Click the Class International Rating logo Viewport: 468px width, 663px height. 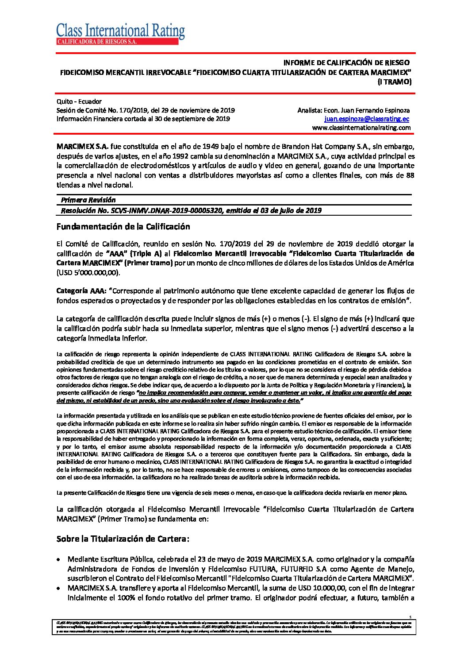(x=120, y=34)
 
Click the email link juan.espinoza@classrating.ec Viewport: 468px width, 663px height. (x=367, y=119)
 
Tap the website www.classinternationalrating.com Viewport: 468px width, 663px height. (x=361, y=128)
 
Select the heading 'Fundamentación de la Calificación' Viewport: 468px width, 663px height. (x=123, y=227)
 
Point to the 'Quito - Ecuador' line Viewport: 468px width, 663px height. (x=79, y=101)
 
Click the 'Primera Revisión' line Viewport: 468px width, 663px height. (x=88, y=200)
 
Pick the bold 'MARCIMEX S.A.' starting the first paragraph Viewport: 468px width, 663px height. (x=82, y=147)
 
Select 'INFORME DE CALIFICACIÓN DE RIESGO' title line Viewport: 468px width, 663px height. (x=346, y=62)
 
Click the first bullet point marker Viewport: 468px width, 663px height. (x=59, y=559)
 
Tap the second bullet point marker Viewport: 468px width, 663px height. (x=59, y=588)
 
